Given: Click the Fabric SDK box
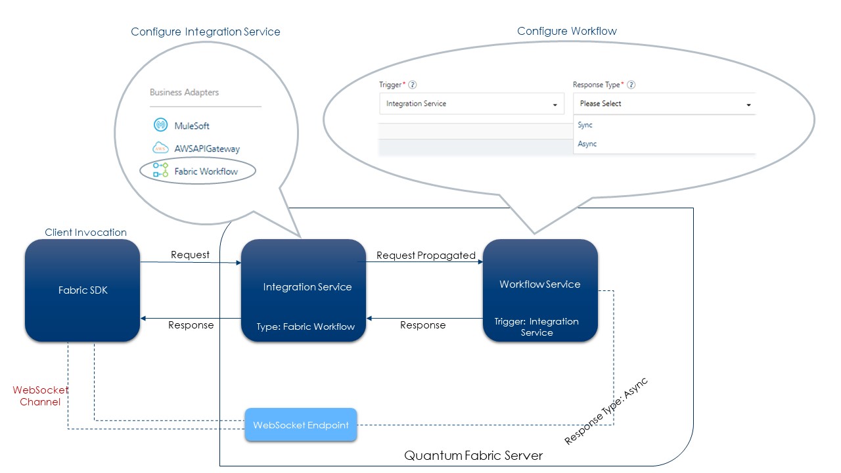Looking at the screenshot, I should [82, 290].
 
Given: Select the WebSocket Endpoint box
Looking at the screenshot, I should [301, 425].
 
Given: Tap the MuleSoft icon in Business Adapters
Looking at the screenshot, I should [160, 125].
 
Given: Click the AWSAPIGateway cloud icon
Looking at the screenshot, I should [160, 148].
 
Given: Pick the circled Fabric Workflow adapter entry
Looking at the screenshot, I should [198, 171].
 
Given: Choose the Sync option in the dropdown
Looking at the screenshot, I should [585, 125].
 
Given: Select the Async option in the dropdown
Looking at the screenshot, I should [587, 143].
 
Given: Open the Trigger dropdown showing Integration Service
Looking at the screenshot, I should [471, 104].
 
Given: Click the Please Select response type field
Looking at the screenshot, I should [664, 104].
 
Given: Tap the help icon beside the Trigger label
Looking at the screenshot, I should [413, 85].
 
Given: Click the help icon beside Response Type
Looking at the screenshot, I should [631, 85].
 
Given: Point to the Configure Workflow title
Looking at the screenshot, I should [566, 31].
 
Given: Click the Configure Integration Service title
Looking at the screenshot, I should [205, 32].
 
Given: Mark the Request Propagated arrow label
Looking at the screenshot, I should [426, 256].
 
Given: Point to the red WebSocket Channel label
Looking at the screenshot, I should [40, 395].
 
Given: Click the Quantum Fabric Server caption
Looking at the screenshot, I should [473, 455].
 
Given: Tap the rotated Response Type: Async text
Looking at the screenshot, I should [606, 411].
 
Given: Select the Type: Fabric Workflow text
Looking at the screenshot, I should [306, 327].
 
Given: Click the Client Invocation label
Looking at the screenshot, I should [85, 233].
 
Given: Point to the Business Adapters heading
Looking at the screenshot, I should [184, 92].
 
